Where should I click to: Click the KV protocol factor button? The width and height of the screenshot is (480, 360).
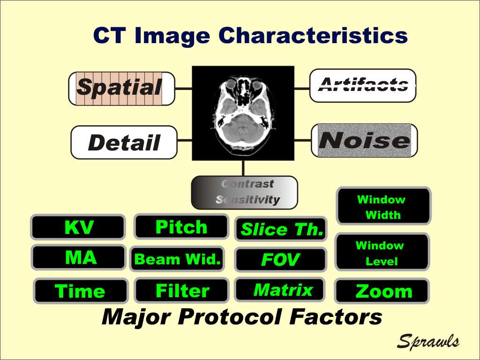coord(78,227)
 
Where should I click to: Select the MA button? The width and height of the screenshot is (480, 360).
coord(79,257)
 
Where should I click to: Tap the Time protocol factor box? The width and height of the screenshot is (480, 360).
coord(81,291)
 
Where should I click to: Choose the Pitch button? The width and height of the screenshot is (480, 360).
coord(181,227)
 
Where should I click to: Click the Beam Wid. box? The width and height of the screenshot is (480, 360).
coord(177,259)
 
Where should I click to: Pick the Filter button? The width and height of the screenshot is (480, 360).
coord(182,290)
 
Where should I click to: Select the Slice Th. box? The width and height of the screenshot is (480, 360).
coord(281,229)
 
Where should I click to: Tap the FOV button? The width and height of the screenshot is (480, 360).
coord(280,260)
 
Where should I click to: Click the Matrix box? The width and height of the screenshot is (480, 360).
coord(280,290)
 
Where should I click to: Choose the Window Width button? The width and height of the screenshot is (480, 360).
coord(383,206)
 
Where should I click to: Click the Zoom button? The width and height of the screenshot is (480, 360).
coord(382,291)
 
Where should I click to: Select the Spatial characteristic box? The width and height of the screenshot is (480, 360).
coord(122,89)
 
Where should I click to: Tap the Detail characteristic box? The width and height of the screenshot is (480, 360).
coord(124,142)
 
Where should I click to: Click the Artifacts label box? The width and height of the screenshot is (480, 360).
coord(363,85)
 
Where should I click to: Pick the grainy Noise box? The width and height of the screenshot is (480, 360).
coord(364,141)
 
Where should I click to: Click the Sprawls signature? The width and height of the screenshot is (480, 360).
coord(428,341)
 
